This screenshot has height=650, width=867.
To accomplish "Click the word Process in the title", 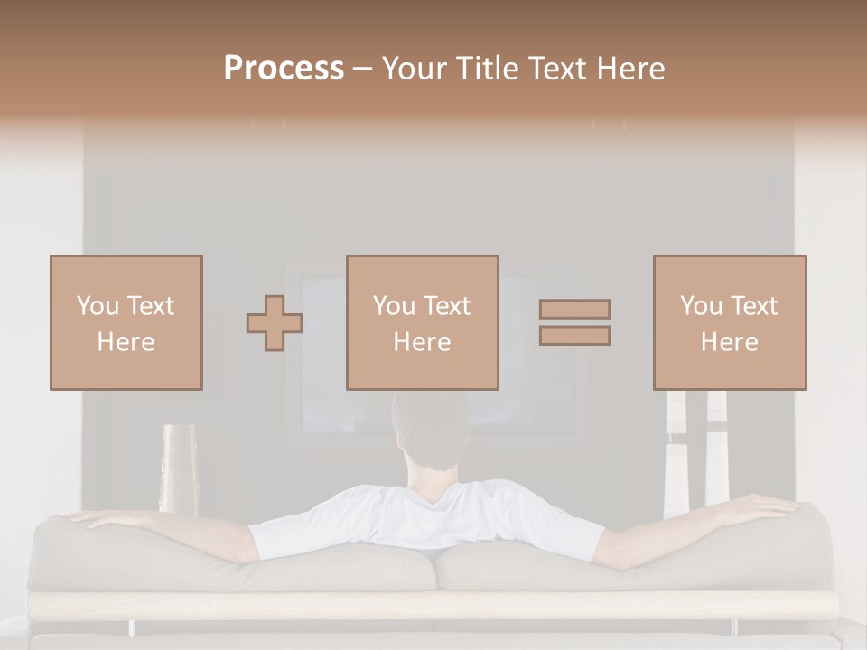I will [x=284, y=69].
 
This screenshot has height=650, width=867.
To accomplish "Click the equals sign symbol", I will [x=574, y=322].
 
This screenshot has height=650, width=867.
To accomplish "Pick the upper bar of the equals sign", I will [x=574, y=309].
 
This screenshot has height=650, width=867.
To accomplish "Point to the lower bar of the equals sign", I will [x=574, y=336].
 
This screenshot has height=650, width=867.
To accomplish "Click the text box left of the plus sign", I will [x=126, y=322].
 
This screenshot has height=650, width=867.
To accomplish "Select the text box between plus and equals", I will [x=422, y=322].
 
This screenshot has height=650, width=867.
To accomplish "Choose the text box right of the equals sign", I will [x=729, y=322].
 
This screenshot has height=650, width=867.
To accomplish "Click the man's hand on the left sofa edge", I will [x=86, y=518].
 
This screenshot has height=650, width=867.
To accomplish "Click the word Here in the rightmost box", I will [x=729, y=342].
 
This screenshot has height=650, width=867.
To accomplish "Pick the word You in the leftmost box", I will [x=97, y=306].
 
